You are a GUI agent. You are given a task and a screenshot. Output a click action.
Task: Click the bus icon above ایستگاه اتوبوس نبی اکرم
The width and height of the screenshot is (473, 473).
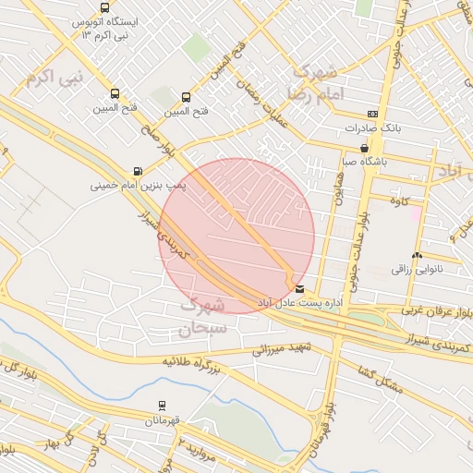[104, 7]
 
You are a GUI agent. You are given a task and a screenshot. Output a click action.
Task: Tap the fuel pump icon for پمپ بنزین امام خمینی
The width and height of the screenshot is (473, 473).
[139, 171]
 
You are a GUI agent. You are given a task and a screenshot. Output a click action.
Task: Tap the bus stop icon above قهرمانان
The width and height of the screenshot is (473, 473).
[163, 406]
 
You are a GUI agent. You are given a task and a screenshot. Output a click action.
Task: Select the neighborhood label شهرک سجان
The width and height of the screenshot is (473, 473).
[202, 315]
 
